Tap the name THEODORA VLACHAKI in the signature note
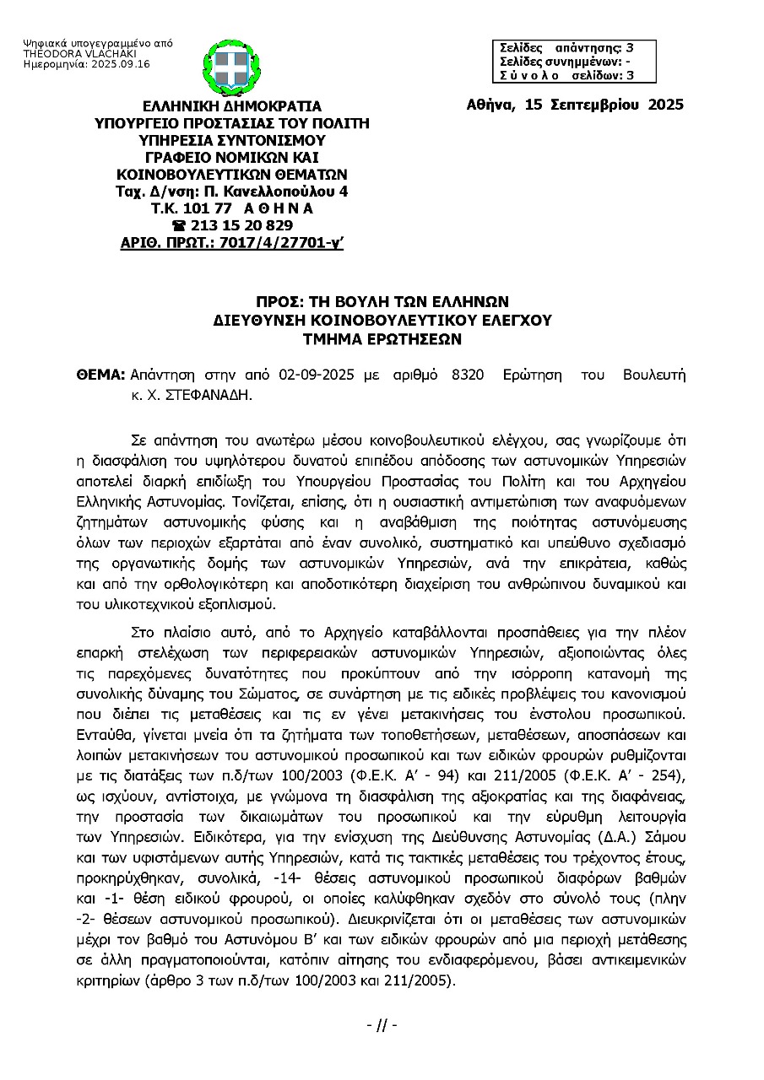tap(64, 53)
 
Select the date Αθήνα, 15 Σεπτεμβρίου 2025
tap(574, 105)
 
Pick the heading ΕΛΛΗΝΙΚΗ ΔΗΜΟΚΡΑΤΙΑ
tap(232, 106)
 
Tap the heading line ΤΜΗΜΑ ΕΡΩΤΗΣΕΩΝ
tap(382, 340)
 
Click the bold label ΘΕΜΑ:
tap(100, 374)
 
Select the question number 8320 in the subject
tap(468, 374)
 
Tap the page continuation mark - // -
tap(382, 1025)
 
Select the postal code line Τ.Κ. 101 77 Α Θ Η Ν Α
tap(232, 208)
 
